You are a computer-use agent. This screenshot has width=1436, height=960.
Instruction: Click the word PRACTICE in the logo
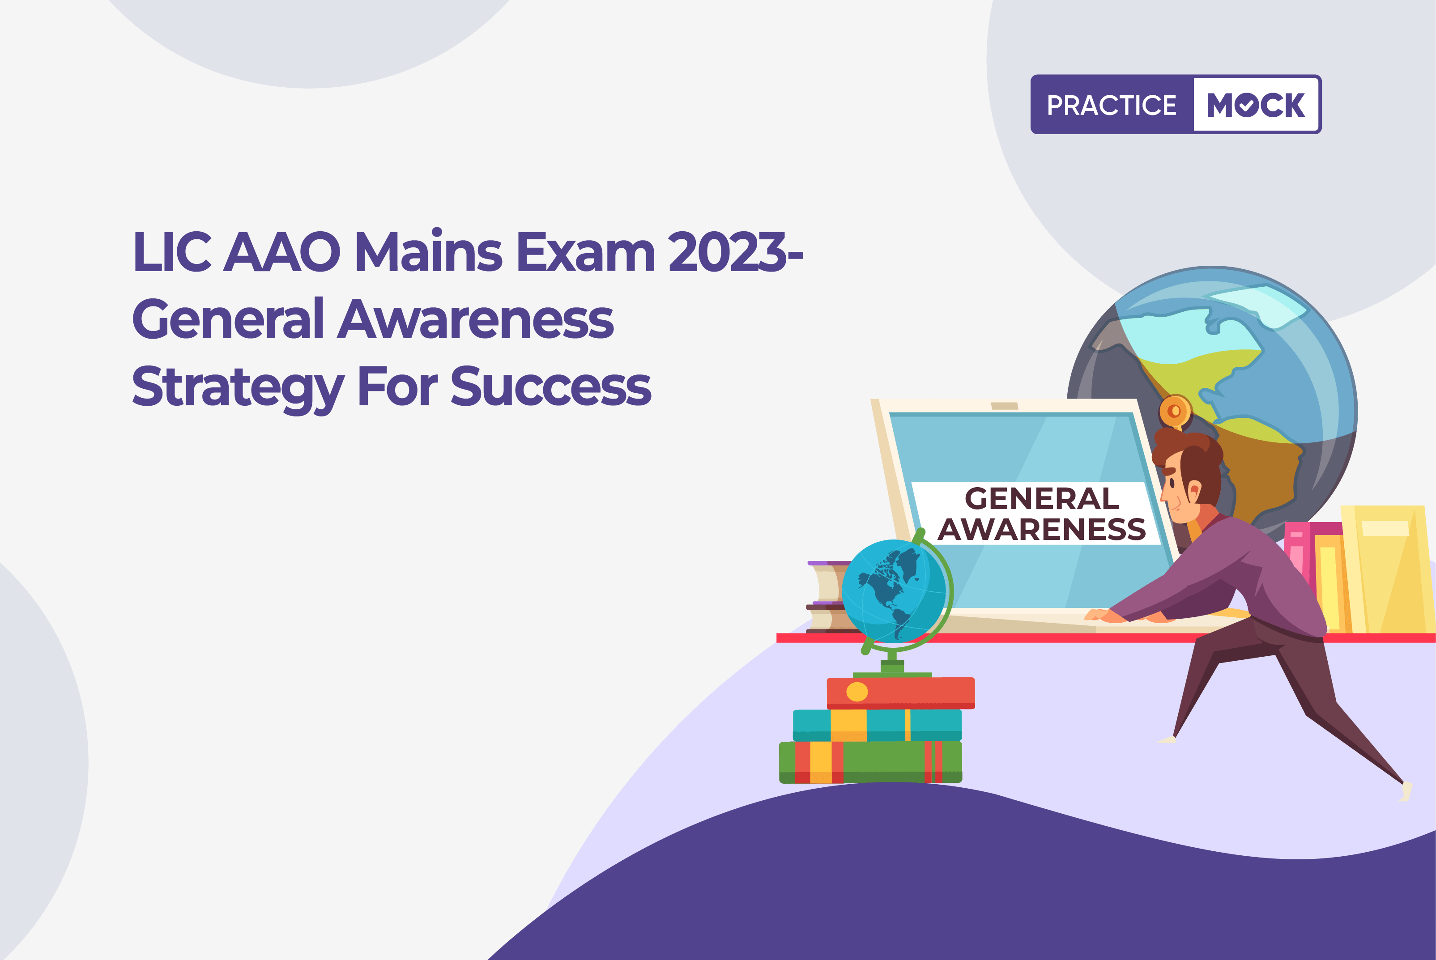click(x=1112, y=105)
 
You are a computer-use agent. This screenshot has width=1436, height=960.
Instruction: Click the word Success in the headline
click(x=551, y=387)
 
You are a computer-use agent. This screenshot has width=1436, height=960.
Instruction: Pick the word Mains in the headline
click(x=429, y=251)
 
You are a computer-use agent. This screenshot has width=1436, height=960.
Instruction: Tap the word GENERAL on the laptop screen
click(x=1042, y=498)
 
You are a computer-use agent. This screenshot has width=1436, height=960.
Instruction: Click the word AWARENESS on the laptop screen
click(x=1042, y=529)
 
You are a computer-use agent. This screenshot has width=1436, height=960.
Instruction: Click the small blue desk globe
click(x=894, y=591)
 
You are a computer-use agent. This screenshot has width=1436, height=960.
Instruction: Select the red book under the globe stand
click(x=901, y=692)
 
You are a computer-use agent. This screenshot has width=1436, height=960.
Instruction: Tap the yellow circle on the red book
click(x=856, y=692)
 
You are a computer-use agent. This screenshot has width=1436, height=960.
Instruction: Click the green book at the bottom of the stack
click(x=870, y=762)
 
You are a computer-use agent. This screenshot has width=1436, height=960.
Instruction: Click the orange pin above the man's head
click(x=1175, y=411)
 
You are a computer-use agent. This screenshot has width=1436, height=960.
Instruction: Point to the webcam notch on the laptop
click(x=1004, y=406)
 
